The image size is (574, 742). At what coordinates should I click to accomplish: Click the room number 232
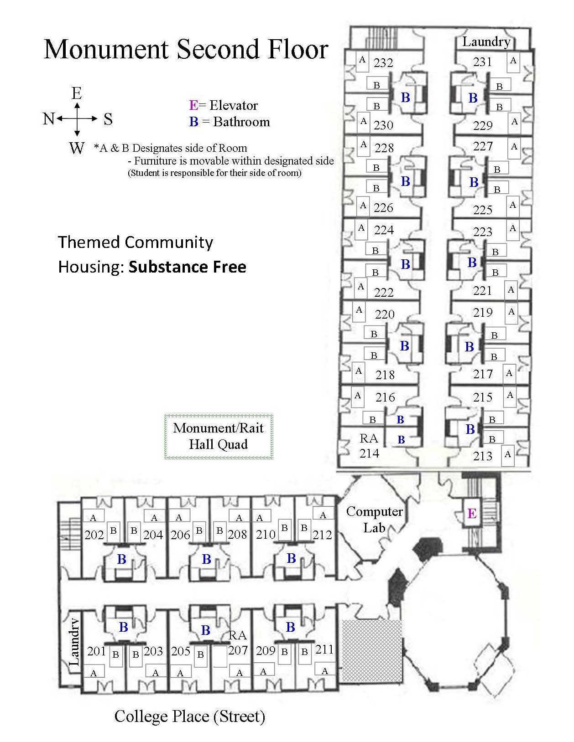point(383,62)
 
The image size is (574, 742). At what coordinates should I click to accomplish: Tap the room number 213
point(482,456)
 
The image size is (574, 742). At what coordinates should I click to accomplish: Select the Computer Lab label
point(374,520)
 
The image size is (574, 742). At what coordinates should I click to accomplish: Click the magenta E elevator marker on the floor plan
point(472,514)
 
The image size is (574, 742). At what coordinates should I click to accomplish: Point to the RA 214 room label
point(369,446)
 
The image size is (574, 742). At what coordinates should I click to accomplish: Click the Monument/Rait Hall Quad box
point(219,436)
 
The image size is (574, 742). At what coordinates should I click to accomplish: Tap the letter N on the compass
point(49,119)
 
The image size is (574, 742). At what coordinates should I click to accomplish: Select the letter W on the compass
point(77,148)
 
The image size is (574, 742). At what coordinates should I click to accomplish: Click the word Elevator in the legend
point(233,105)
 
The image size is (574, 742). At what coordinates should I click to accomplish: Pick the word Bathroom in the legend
point(241,122)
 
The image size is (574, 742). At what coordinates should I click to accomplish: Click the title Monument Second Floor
point(186,49)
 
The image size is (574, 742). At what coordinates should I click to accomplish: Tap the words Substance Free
point(187,267)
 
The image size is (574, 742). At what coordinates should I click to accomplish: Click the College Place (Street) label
point(189,716)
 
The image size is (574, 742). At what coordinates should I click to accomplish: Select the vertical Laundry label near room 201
point(74,641)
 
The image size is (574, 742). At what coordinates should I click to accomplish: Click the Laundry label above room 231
point(486,42)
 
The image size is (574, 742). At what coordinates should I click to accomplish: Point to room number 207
point(238,650)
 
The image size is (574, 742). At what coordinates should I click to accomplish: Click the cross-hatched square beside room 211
point(372,650)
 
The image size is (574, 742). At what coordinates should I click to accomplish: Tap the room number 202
point(94,535)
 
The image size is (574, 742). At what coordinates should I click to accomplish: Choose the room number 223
point(482,232)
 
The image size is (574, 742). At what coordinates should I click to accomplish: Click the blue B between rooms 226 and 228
point(405,181)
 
